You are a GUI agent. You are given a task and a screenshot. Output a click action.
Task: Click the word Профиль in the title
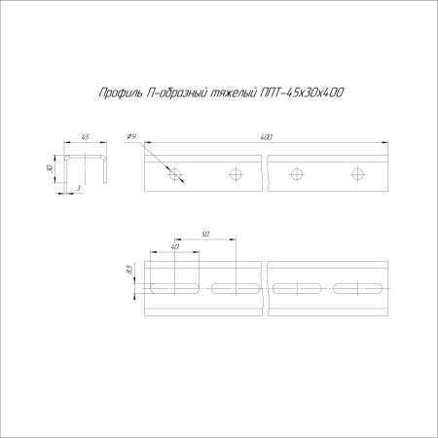coord(119,92)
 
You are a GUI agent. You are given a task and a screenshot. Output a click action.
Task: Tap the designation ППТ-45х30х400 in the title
coord(303,92)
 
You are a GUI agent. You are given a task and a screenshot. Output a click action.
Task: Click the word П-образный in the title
coord(174,92)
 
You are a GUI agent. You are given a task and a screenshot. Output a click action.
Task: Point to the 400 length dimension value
coord(267,137)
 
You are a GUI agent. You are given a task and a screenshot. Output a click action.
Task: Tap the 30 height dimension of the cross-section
coord(50,167)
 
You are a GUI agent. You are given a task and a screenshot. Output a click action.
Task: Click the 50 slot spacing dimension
coord(204,234)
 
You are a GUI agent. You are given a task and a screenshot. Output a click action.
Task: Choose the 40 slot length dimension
coord(174,248)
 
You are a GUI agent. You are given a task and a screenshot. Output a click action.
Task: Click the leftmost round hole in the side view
coord(175,174)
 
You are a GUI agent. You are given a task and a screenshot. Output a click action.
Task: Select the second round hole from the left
coord(235,174)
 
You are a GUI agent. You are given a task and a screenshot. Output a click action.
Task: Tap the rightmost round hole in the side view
coord(356,174)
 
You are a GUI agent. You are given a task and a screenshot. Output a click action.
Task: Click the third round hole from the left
coord(296,174)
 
